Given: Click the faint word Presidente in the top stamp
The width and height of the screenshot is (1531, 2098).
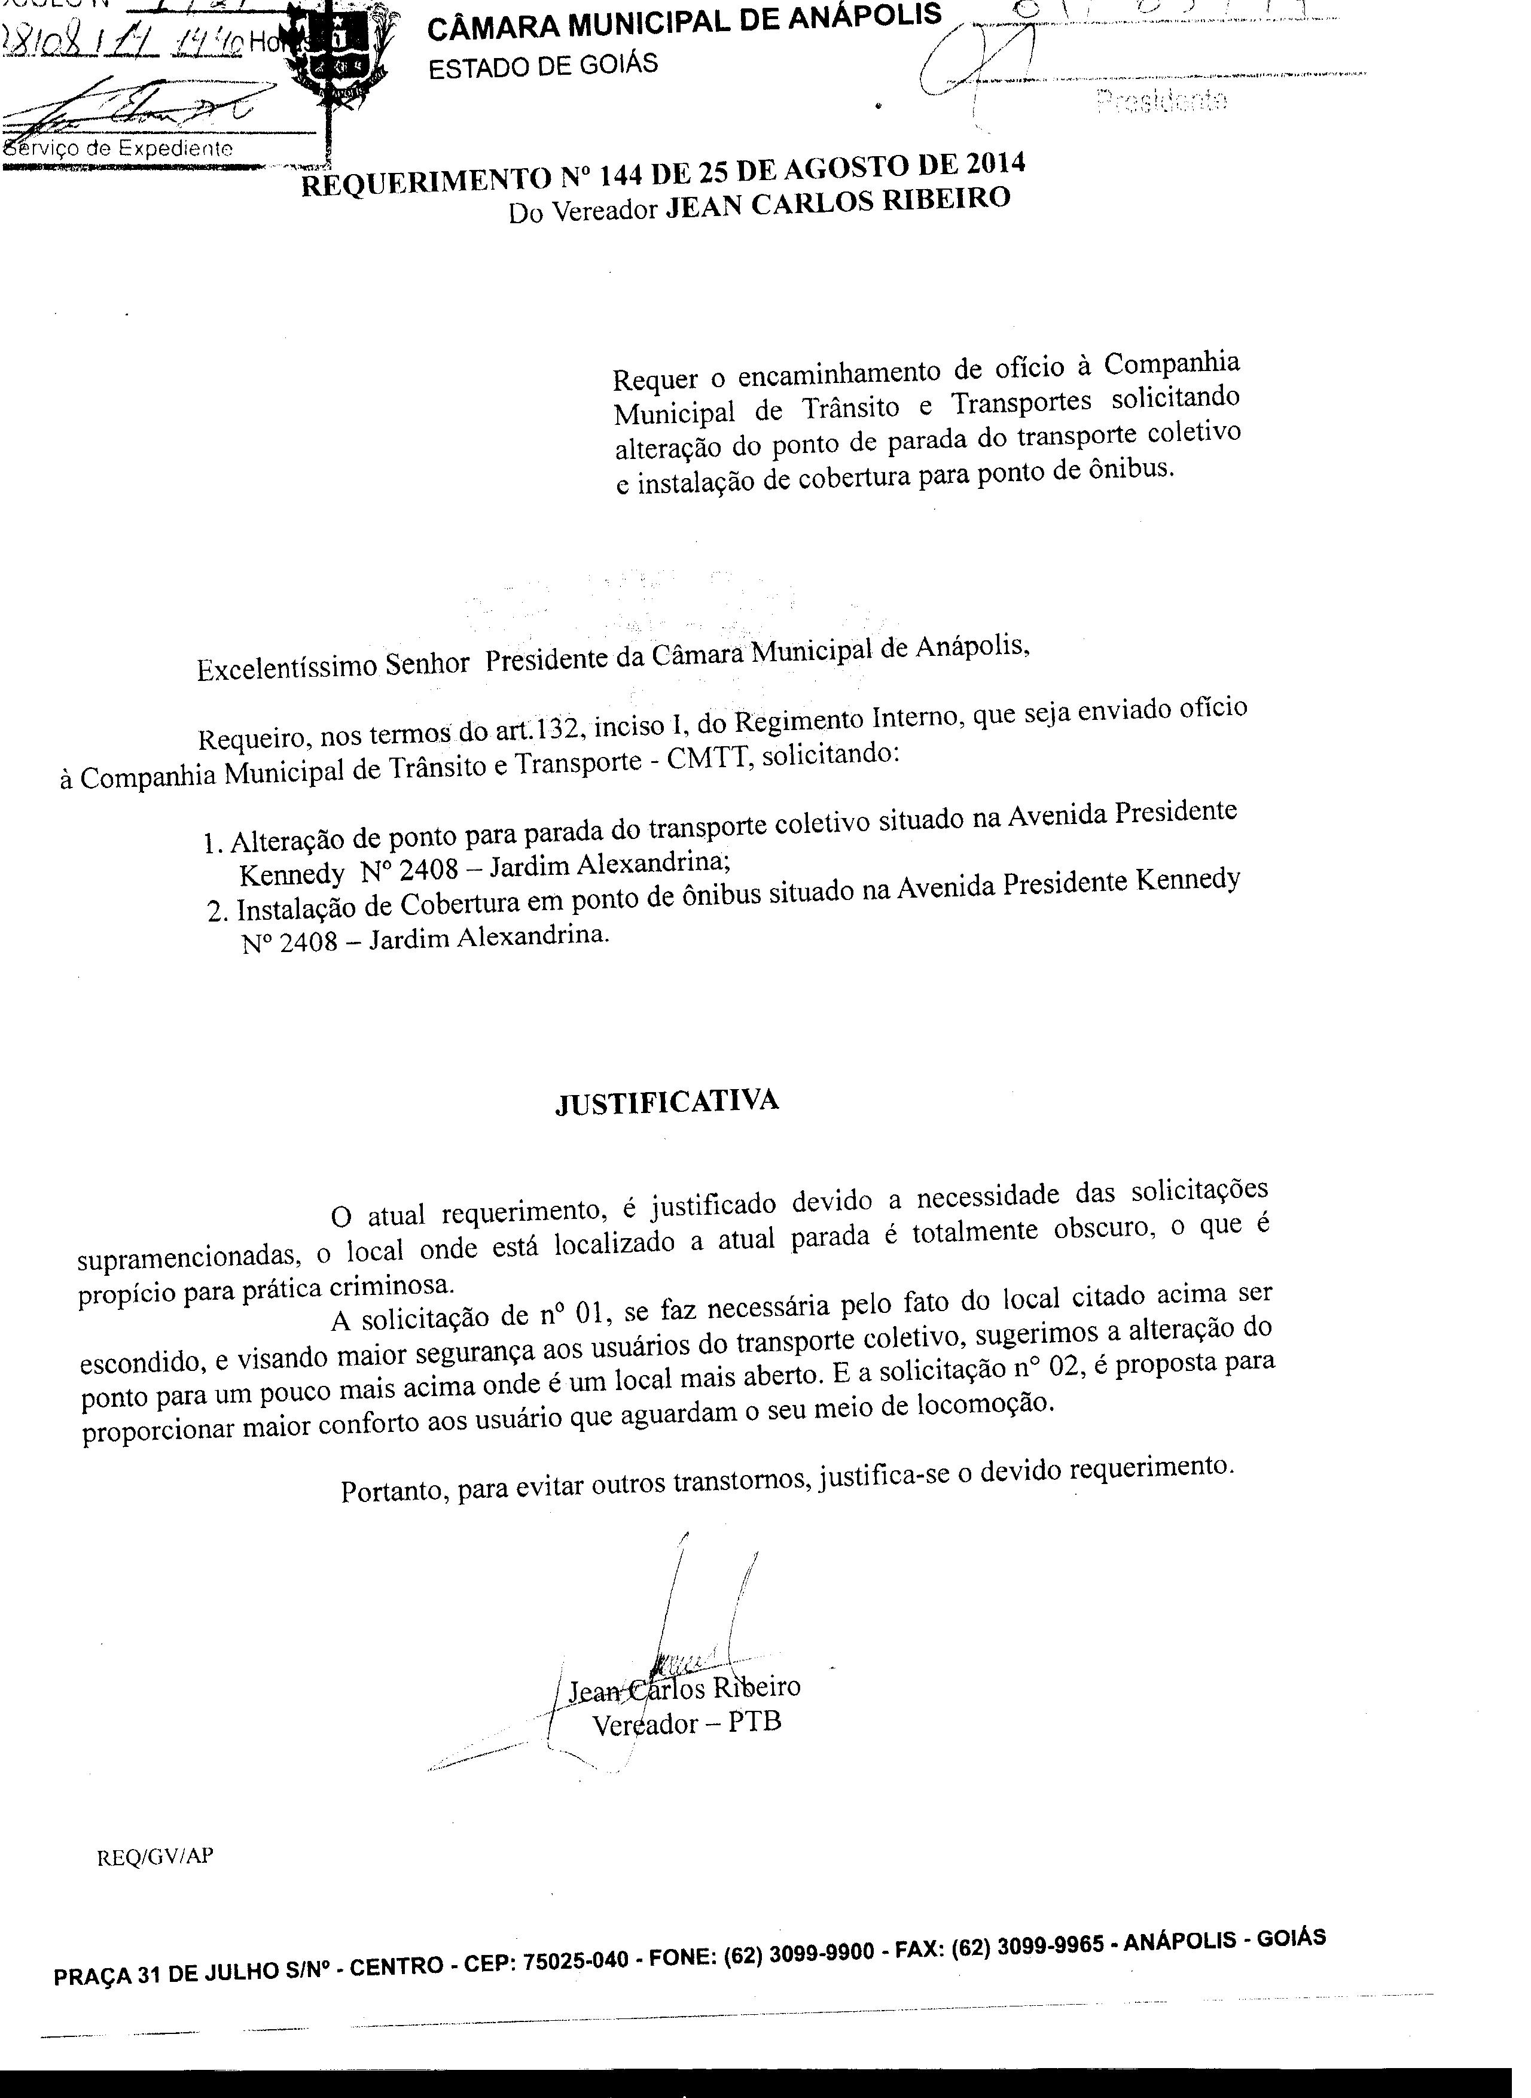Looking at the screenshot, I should pyautogui.click(x=1162, y=100).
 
